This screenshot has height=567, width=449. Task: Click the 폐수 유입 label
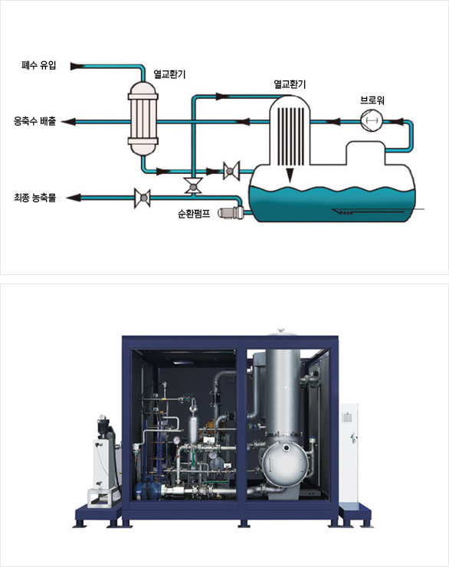tap(38, 65)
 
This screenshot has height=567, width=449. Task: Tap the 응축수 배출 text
tap(34, 121)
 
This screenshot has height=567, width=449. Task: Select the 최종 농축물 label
tap(34, 198)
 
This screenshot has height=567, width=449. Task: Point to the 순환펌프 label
tap(194, 213)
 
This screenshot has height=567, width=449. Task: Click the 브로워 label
tap(372, 100)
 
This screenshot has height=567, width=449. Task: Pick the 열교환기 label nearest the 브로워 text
tap(290, 84)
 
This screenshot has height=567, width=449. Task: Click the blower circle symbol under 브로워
tap(372, 120)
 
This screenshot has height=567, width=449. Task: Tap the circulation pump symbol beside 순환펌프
tap(231, 213)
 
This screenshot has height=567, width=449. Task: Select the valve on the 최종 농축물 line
tap(143, 198)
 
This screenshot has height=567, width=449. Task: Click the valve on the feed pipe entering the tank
tap(231, 171)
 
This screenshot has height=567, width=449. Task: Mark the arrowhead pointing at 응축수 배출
tap(68, 122)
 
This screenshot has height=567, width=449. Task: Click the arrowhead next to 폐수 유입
tap(77, 66)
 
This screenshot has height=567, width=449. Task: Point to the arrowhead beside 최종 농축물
tap(74, 198)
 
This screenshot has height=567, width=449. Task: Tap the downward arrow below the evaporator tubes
tap(289, 175)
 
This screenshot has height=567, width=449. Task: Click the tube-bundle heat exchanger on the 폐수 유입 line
tap(143, 118)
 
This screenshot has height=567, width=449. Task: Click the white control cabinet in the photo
tap(349, 453)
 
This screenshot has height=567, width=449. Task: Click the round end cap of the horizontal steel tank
tap(285, 464)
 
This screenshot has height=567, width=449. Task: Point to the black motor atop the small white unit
tap(104, 428)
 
